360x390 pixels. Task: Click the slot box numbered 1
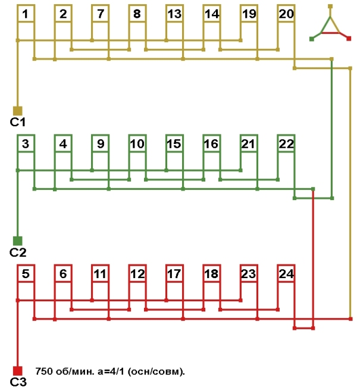tap(26, 14)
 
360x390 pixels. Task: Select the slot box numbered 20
tap(286, 14)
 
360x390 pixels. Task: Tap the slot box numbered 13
tap(174, 14)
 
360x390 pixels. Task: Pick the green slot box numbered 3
tap(26, 143)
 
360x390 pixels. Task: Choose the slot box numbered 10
tap(137, 143)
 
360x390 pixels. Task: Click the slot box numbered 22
tap(286, 143)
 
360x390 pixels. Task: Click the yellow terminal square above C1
tap(17, 111)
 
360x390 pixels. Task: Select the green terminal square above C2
tap(17, 241)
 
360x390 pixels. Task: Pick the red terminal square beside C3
tap(17, 370)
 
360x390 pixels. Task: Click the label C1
tap(17, 122)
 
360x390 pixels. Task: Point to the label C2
tap(17, 252)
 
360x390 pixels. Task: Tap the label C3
tap(18, 382)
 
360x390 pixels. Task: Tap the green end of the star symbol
tap(311, 39)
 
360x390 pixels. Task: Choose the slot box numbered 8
tap(137, 14)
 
